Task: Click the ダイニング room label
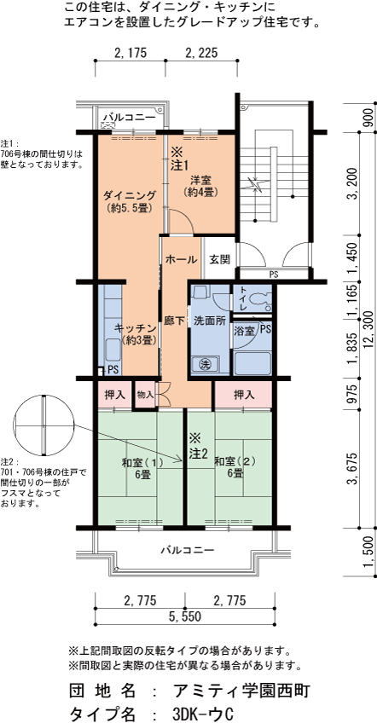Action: coord(130,195)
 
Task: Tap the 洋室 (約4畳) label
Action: coord(200,185)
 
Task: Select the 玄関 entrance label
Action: coord(219,259)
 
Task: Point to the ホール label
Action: coord(182,259)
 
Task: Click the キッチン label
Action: coord(136,328)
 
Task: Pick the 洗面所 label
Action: coord(209,320)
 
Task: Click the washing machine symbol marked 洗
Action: coord(205,364)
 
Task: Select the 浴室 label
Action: coord(244,331)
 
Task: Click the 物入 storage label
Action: coord(144,395)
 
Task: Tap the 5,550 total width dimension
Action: coord(184,617)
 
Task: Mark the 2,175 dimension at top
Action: coord(130,53)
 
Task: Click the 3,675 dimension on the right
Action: coord(355,469)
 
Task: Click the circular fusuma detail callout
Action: coord(43,425)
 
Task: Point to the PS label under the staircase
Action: coord(274,275)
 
